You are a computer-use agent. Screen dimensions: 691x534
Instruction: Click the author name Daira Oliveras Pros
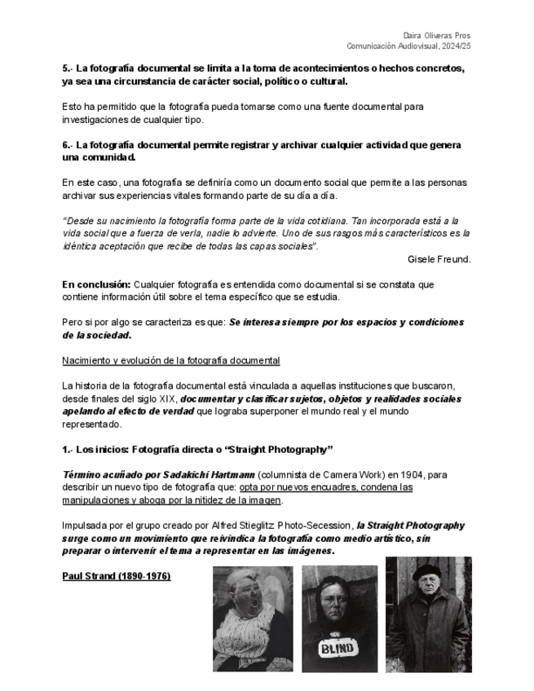[437, 36]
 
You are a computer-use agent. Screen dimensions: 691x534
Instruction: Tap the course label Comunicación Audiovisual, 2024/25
[408, 46]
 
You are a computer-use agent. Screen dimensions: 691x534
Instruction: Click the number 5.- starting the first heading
[68, 68]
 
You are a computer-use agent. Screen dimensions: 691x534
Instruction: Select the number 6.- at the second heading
[68, 145]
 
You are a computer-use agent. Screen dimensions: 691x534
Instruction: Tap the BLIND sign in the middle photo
[338, 649]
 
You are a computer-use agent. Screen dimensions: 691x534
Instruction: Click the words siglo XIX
[154, 399]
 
